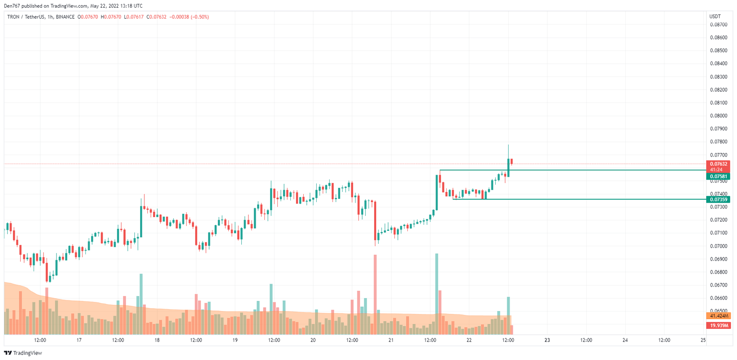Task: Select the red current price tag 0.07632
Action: click(x=718, y=164)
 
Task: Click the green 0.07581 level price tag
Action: click(x=718, y=177)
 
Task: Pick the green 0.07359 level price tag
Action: click(x=718, y=199)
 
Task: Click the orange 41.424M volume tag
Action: click(x=718, y=316)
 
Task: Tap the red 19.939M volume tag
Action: click(x=718, y=325)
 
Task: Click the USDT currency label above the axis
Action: click(x=714, y=17)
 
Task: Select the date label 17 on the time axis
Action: click(x=79, y=340)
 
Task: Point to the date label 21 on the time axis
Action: click(x=391, y=340)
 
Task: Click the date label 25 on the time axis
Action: click(x=703, y=340)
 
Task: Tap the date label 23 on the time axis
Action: click(x=547, y=340)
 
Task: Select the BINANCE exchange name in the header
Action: click(x=65, y=17)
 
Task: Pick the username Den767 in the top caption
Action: click(x=14, y=6)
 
